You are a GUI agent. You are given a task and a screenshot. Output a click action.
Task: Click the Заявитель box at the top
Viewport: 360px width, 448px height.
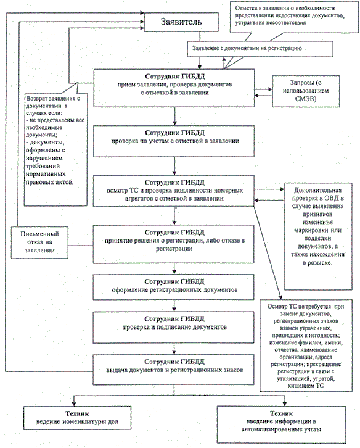tap(181, 22)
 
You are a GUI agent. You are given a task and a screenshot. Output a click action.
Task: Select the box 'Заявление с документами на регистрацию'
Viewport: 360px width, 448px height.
tap(260, 49)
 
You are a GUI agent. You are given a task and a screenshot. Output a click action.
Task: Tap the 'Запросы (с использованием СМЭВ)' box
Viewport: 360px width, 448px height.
tap(306, 91)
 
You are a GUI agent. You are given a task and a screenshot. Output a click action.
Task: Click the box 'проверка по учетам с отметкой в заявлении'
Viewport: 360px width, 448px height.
tap(174, 141)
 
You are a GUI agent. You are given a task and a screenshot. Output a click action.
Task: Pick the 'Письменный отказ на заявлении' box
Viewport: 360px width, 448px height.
tap(39, 243)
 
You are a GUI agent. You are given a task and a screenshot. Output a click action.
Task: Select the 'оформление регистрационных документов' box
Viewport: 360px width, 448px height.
tap(174, 287)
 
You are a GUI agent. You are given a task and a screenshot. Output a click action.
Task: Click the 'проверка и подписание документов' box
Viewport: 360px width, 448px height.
tap(174, 327)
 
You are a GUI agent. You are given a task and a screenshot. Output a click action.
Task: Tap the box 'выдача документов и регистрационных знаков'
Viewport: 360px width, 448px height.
tap(174, 370)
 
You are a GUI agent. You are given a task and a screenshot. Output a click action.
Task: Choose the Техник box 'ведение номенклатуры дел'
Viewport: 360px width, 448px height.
tap(78, 418)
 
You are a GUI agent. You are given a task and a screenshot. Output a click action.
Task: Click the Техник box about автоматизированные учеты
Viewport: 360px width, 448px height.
tap(281, 425)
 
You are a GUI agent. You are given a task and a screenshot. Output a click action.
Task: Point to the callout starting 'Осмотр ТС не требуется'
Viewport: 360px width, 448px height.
tap(306, 346)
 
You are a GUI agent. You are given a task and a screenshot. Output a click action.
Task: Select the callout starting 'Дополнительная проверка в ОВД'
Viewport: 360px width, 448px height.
tap(318, 236)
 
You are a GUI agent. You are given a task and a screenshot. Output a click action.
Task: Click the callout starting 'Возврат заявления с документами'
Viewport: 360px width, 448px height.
tap(55, 150)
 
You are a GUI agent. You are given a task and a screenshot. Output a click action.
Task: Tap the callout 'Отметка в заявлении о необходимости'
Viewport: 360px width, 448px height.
tap(294, 17)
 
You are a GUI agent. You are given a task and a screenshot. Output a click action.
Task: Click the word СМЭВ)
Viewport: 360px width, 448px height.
tap(306, 99)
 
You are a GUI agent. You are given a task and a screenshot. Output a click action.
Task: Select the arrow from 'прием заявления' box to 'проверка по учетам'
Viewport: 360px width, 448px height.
tap(174, 116)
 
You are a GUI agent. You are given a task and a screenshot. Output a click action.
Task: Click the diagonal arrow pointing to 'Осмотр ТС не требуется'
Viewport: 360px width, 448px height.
tap(268, 253)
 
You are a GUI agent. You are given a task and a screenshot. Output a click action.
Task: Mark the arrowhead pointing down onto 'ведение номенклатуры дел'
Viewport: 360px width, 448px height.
tap(74, 404)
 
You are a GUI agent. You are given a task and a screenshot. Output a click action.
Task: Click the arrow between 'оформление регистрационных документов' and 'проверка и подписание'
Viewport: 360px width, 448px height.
tap(174, 305)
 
